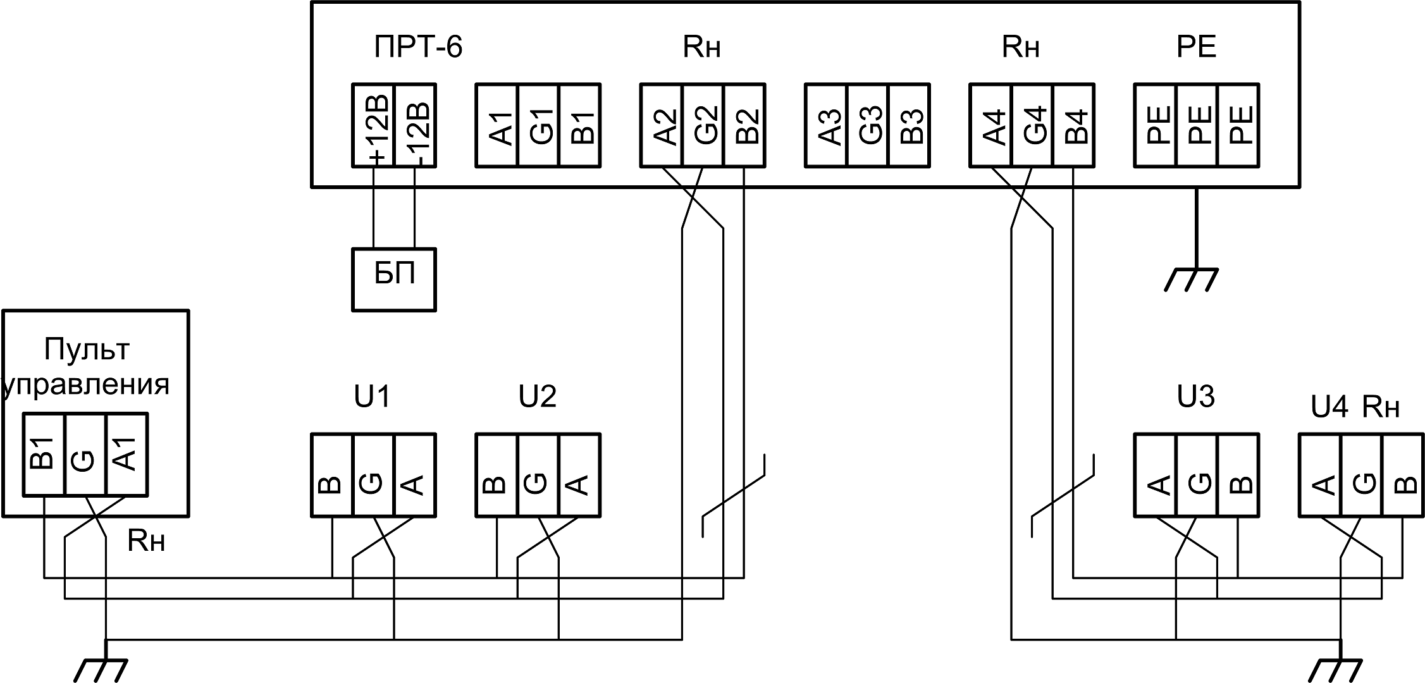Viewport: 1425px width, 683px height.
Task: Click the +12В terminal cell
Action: click(x=373, y=125)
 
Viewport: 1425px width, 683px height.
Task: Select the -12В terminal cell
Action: click(x=415, y=125)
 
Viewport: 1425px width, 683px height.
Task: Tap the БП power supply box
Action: click(x=393, y=279)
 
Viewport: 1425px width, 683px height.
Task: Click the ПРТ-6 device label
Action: click(x=418, y=47)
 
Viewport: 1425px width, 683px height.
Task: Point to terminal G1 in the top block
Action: click(x=538, y=125)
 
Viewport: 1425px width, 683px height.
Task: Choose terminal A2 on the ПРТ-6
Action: click(x=662, y=125)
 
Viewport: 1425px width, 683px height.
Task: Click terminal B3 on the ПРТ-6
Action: click(x=909, y=125)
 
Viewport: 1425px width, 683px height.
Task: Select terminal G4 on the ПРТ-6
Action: click(x=1032, y=125)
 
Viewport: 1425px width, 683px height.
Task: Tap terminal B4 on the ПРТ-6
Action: click(x=1073, y=125)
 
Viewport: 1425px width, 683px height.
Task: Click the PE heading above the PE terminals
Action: click(x=1196, y=47)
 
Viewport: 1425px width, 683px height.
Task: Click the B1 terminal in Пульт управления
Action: click(x=44, y=454)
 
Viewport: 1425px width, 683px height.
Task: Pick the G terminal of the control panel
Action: click(x=85, y=454)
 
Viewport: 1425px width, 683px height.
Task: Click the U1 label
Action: click(x=373, y=397)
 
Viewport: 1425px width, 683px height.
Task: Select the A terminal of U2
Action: click(x=579, y=475)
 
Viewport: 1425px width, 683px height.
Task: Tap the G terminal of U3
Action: click(x=1197, y=475)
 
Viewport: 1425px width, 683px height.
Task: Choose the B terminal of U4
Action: click(x=1403, y=475)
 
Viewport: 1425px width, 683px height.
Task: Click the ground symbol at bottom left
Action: click(x=101, y=669)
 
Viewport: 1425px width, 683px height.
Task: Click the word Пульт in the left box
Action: click(x=87, y=349)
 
